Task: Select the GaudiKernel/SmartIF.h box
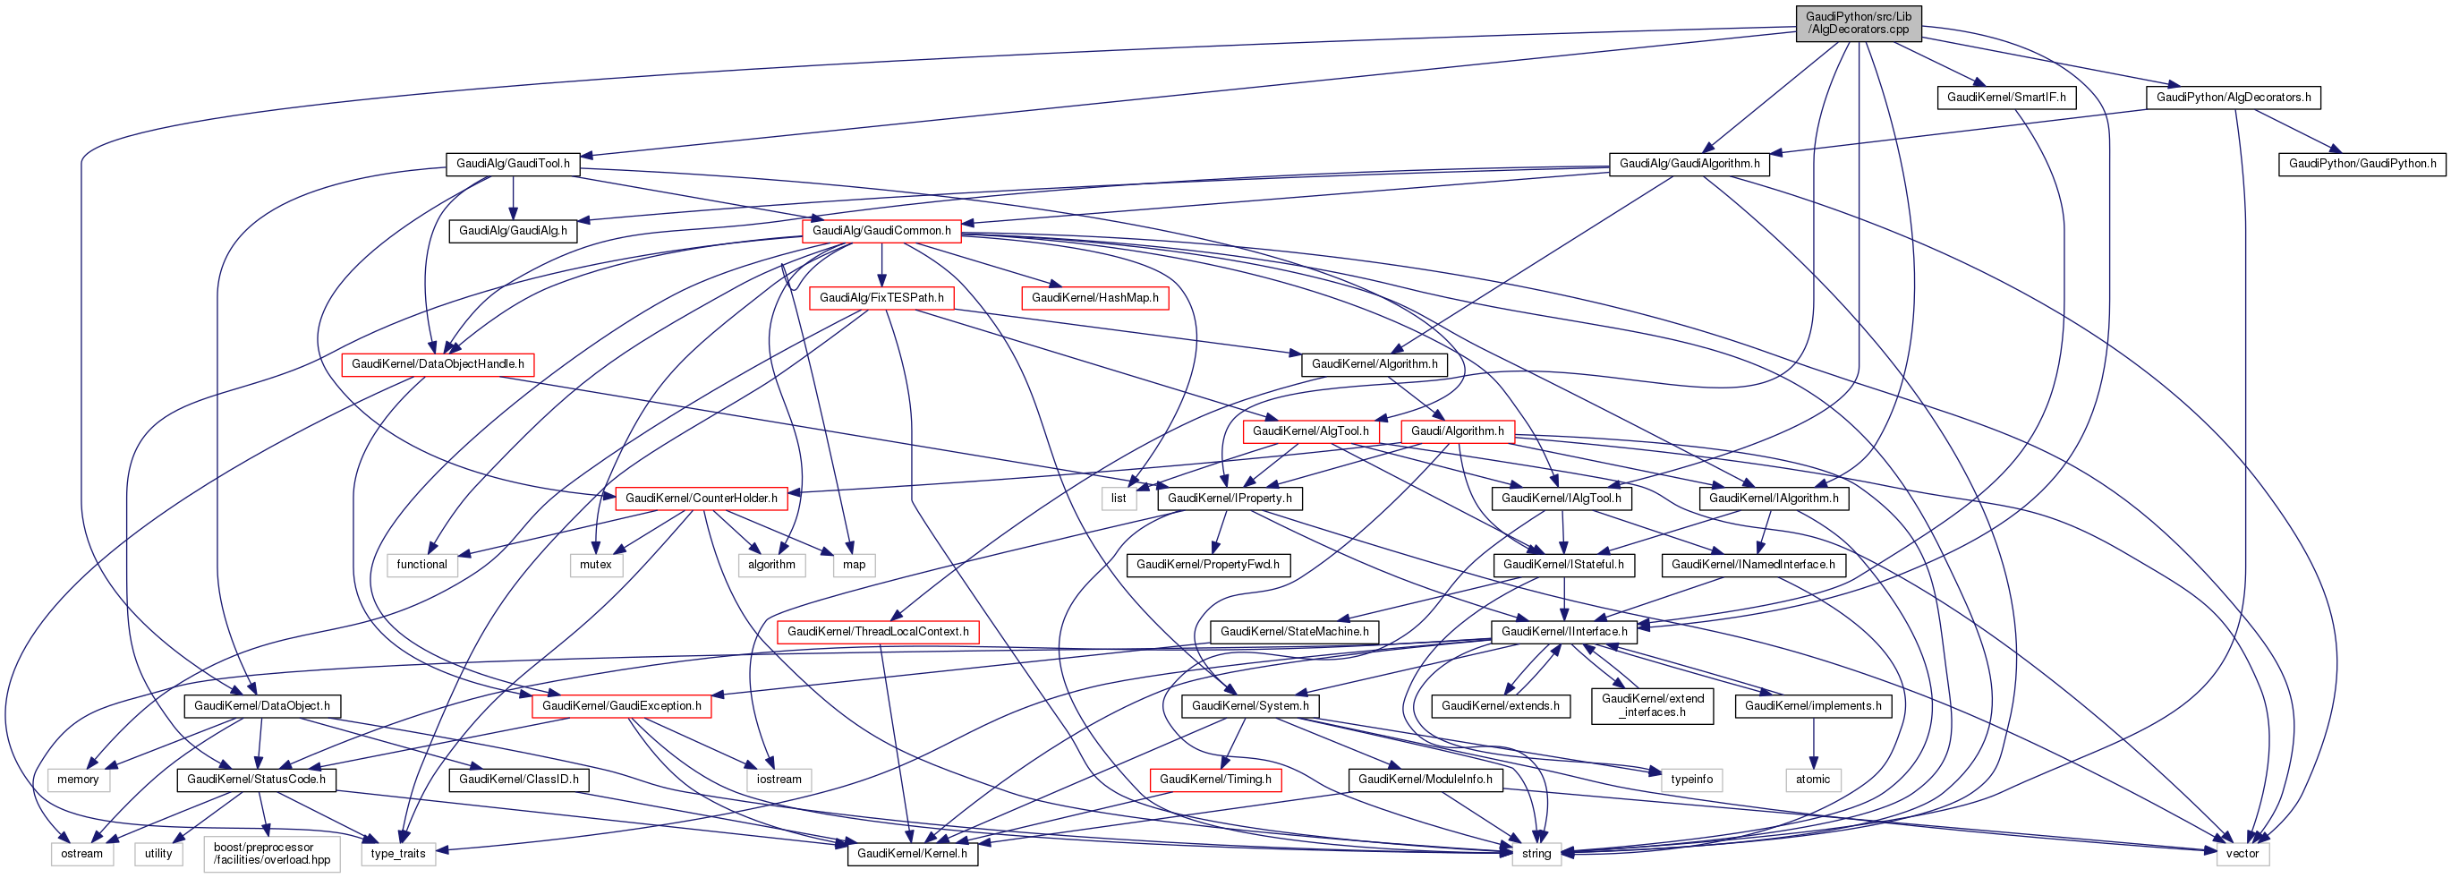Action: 2005,97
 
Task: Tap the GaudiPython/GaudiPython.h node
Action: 2362,164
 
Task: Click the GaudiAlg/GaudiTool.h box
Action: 513,164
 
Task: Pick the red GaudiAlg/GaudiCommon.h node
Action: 881,230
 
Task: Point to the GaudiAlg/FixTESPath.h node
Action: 881,298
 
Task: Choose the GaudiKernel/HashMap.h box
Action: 1094,298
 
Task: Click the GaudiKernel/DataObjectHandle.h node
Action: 438,364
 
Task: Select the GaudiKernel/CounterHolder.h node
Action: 701,499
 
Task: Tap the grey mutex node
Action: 596,565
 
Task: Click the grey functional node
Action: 421,565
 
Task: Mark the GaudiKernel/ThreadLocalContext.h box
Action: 877,632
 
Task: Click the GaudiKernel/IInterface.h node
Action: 1563,632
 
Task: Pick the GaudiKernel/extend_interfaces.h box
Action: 1652,706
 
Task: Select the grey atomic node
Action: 1813,780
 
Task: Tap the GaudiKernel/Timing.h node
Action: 1215,780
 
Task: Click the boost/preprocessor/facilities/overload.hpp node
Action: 271,853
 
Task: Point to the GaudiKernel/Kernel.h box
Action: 912,854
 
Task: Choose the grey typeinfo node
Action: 1690,780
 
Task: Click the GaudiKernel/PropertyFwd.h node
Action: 1207,565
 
